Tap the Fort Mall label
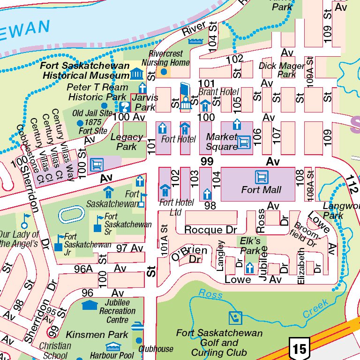(261, 190)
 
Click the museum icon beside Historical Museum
(136, 74)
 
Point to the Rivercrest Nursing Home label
(165, 59)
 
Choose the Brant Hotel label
(218, 92)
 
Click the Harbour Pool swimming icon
(113, 347)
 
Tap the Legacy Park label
(127, 142)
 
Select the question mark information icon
(125, 107)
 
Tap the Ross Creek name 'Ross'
(210, 293)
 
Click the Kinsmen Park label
(97, 334)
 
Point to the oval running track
(72, 215)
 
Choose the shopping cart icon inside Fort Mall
(261, 177)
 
